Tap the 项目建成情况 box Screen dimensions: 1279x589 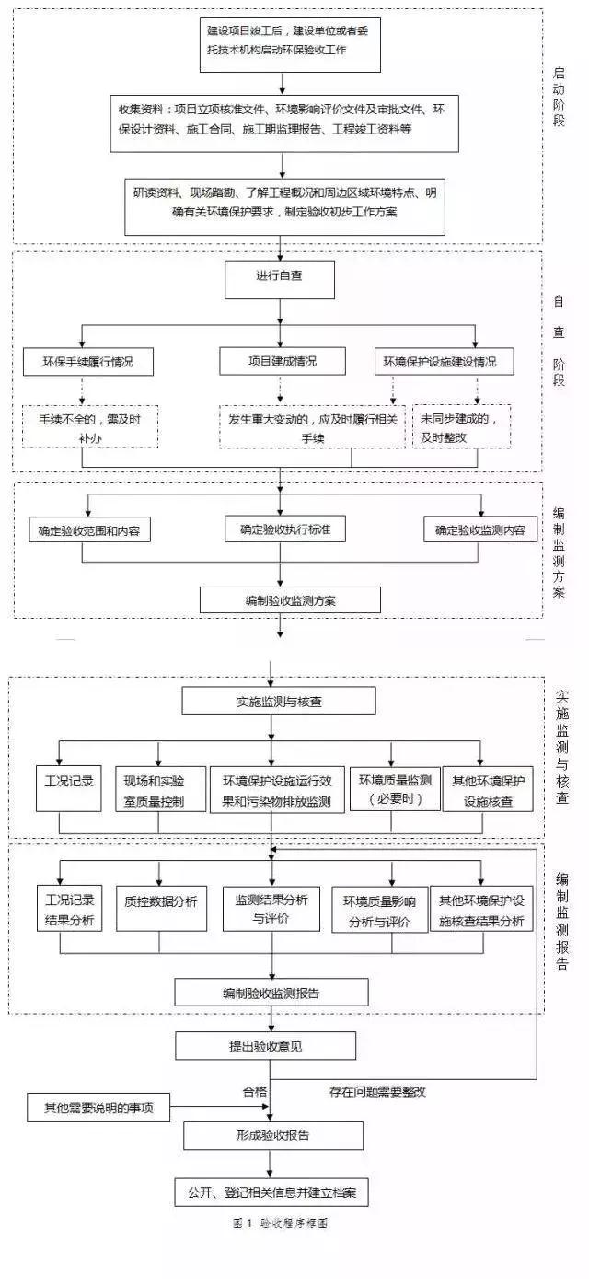click(282, 361)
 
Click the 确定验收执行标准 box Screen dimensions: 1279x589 click(285, 529)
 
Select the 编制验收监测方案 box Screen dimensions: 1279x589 click(277, 600)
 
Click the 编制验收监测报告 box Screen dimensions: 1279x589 click(271, 992)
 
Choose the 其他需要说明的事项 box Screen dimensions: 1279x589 click(98, 1107)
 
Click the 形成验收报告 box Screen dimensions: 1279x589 click(272, 1134)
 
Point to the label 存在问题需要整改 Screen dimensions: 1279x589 click(377, 1091)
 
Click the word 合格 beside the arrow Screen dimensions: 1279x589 click(255, 1091)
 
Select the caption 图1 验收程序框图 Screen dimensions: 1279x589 click(281, 1225)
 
